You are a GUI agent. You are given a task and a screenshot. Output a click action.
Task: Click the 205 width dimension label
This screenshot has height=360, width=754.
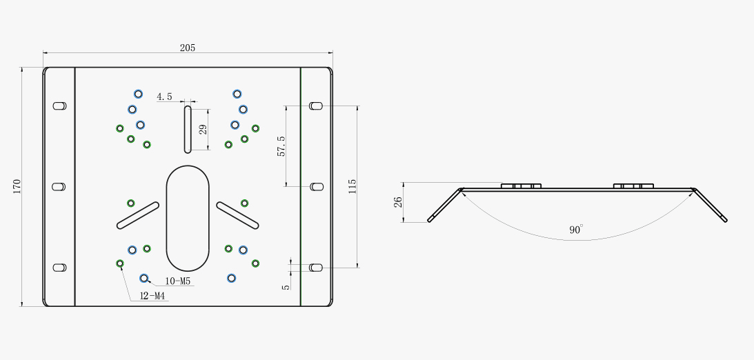pyautogui.click(x=188, y=48)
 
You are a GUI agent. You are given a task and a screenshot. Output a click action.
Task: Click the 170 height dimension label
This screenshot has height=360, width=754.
pyautogui.click(x=17, y=186)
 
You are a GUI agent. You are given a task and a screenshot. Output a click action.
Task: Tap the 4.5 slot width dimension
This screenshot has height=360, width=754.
pyautogui.click(x=164, y=97)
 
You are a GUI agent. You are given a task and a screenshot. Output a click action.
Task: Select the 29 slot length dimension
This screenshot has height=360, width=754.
pyautogui.click(x=203, y=129)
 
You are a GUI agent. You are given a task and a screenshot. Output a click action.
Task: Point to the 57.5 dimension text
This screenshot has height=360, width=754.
pyautogui.click(x=281, y=146)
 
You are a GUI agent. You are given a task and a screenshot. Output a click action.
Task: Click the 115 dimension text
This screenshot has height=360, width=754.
pyautogui.click(x=353, y=186)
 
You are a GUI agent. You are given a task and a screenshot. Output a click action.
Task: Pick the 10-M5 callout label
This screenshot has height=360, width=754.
pyautogui.click(x=178, y=281)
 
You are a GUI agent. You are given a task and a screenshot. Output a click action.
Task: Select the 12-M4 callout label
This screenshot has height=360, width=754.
pyautogui.click(x=152, y=296)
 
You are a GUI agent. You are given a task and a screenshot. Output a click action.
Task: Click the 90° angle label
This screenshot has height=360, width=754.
pyautogui.click(x=576, y=229)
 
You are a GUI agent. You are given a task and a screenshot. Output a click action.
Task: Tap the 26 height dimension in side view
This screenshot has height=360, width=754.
pyautogui.click(x=398, y=202)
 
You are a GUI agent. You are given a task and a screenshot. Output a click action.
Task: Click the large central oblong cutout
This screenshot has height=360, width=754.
pyautogui.click(x=188, y=218)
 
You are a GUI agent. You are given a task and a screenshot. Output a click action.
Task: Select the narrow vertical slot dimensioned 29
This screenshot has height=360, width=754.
pyautogui.click(x=188, y=129)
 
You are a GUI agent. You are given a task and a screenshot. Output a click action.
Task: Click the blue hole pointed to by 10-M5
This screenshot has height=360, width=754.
pyautogui.click(x=143, y=278)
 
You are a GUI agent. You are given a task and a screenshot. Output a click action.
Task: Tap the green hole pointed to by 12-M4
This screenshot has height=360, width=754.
pyautogui.click(x=120, y=263)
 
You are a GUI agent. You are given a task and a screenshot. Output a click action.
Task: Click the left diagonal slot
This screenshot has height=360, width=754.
pyautogui.click(x=138, y=215)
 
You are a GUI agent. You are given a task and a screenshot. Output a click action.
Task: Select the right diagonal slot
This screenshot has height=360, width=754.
pyautogui.click(x=237, y=215)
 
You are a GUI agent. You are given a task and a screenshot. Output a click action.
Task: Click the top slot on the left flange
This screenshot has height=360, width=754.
pyautogui.click(x=59, y=106)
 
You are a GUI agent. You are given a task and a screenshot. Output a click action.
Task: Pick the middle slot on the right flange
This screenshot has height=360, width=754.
pyautogui.click(x=316, y=186)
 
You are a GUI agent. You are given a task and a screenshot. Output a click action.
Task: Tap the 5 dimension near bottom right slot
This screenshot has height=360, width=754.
pyautogui.click(x=286, y=287)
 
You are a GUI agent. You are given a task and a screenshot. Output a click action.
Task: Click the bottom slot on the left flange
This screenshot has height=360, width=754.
pyautogui.click(x=59, y=268)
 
